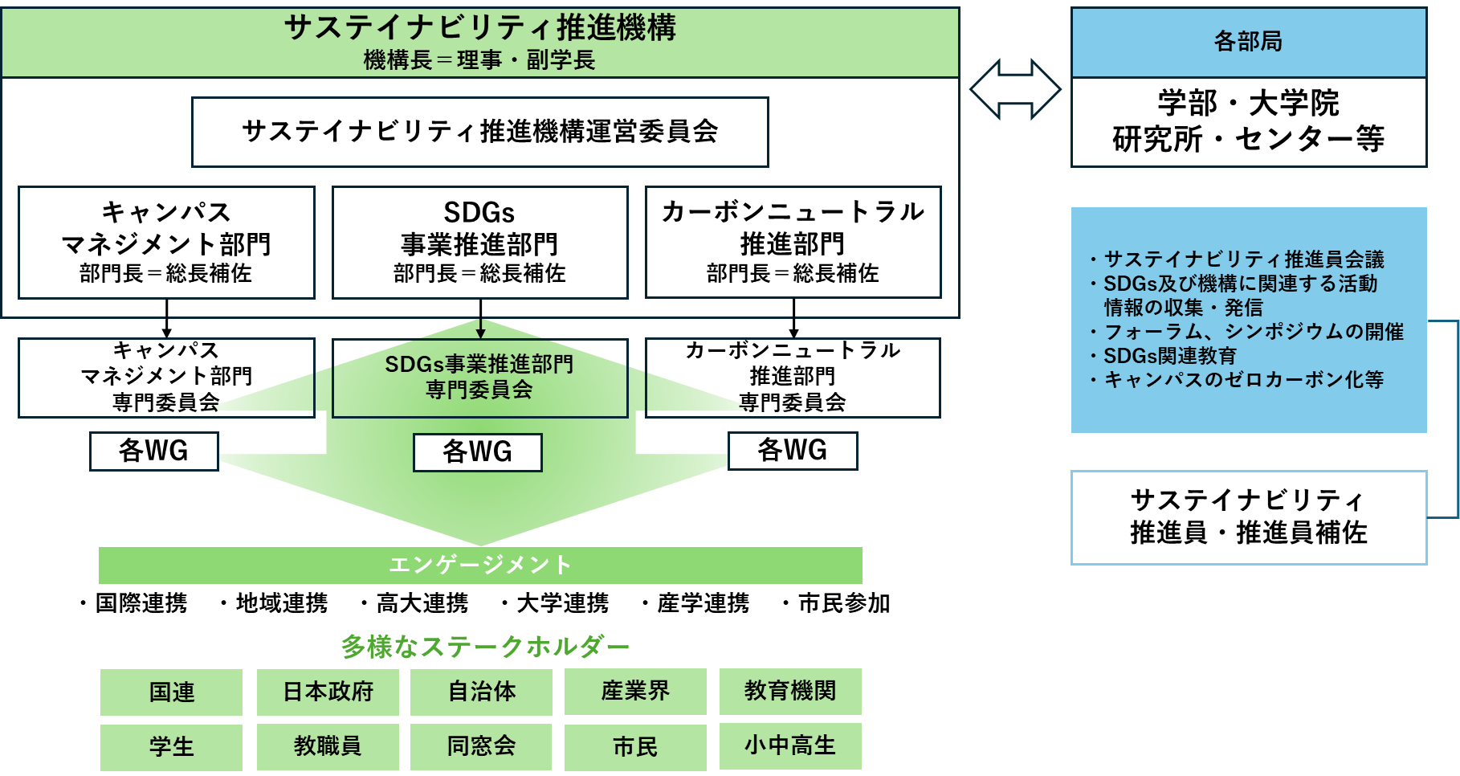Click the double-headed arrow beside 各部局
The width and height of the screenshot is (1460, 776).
(x=1015, y=90)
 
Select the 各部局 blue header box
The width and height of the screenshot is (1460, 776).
(x=1248, y=42)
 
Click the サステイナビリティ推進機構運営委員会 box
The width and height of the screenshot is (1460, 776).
(x=479, y=132)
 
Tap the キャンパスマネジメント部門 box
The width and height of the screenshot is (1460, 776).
(x=166, y=242)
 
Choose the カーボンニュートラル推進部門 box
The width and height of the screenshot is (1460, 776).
(x=793, y=242)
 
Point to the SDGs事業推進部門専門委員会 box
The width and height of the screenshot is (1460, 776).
(x=479, y=377)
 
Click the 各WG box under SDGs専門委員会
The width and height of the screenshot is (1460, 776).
(x=477, y=452)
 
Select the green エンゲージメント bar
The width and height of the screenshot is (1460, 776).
(x=480, y=566)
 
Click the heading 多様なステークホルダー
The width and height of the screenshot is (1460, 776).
(x=484, y=647)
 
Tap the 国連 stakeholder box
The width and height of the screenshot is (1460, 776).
(x=171, y=692)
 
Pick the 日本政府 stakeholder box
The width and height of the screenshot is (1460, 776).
(x=328, y=692)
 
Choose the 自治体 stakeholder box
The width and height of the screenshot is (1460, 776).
(x=481, y=692)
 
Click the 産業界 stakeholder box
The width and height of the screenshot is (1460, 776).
(x=635, y=691)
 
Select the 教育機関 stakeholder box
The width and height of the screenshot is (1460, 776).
(x=790, y=691)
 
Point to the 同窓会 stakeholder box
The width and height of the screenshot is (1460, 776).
(x=481, y=746)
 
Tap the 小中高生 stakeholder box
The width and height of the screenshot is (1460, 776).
(x=790, y=745)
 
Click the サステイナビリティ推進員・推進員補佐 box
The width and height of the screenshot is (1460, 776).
(x=1248, y=517)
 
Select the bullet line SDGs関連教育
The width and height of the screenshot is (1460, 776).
(x=1170, y=356)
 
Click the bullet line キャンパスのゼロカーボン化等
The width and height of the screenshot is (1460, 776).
(x=1243, y=380)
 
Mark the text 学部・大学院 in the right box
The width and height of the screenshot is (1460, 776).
(x=1248, y=104)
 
